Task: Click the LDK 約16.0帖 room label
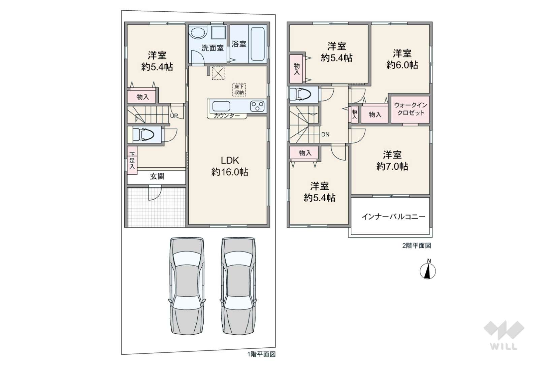point(230,166)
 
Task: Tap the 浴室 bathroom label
point(239,44)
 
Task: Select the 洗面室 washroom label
point(213,48)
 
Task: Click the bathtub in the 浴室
point(258,44)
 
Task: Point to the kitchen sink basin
point(221,106)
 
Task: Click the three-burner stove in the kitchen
point(257,106)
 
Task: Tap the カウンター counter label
point(227,116)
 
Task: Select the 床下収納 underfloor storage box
point(239,90)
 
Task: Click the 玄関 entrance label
point(157,176)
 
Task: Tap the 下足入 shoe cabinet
point(132,161)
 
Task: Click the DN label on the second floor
point(325,134)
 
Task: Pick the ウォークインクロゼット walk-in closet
point(411,109)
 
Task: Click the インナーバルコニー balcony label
point(394,217)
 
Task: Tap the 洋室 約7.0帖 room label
point(392,161)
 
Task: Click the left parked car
point(187,286)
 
